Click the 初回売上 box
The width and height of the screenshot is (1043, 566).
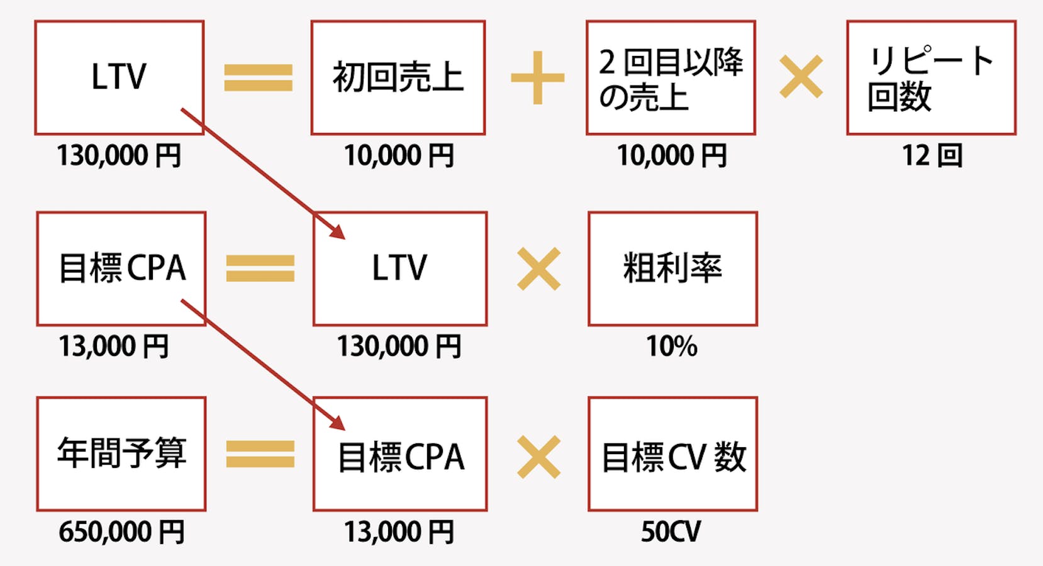398,77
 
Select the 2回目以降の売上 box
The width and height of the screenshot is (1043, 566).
671,77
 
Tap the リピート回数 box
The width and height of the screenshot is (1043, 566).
931,77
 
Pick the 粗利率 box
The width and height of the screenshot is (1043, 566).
672,269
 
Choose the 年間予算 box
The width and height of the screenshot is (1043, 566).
121,453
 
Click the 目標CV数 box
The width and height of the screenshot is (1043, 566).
672,453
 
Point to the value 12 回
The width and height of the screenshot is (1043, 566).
931,155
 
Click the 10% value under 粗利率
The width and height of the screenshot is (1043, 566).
672,347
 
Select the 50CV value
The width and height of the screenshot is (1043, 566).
671,532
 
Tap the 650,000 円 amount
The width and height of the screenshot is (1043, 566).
121,532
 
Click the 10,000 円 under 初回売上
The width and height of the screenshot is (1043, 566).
399,155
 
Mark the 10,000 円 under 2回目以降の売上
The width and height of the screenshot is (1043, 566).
671,155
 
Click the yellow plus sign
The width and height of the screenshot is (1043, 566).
537,78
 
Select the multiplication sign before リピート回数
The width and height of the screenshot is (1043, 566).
801,77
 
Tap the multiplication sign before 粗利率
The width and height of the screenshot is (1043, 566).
538,269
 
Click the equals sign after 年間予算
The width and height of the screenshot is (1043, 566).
260,454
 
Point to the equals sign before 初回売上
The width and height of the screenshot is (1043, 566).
258,78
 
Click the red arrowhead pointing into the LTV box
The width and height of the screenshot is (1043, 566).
338,232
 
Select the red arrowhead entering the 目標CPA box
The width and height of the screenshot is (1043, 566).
338,423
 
